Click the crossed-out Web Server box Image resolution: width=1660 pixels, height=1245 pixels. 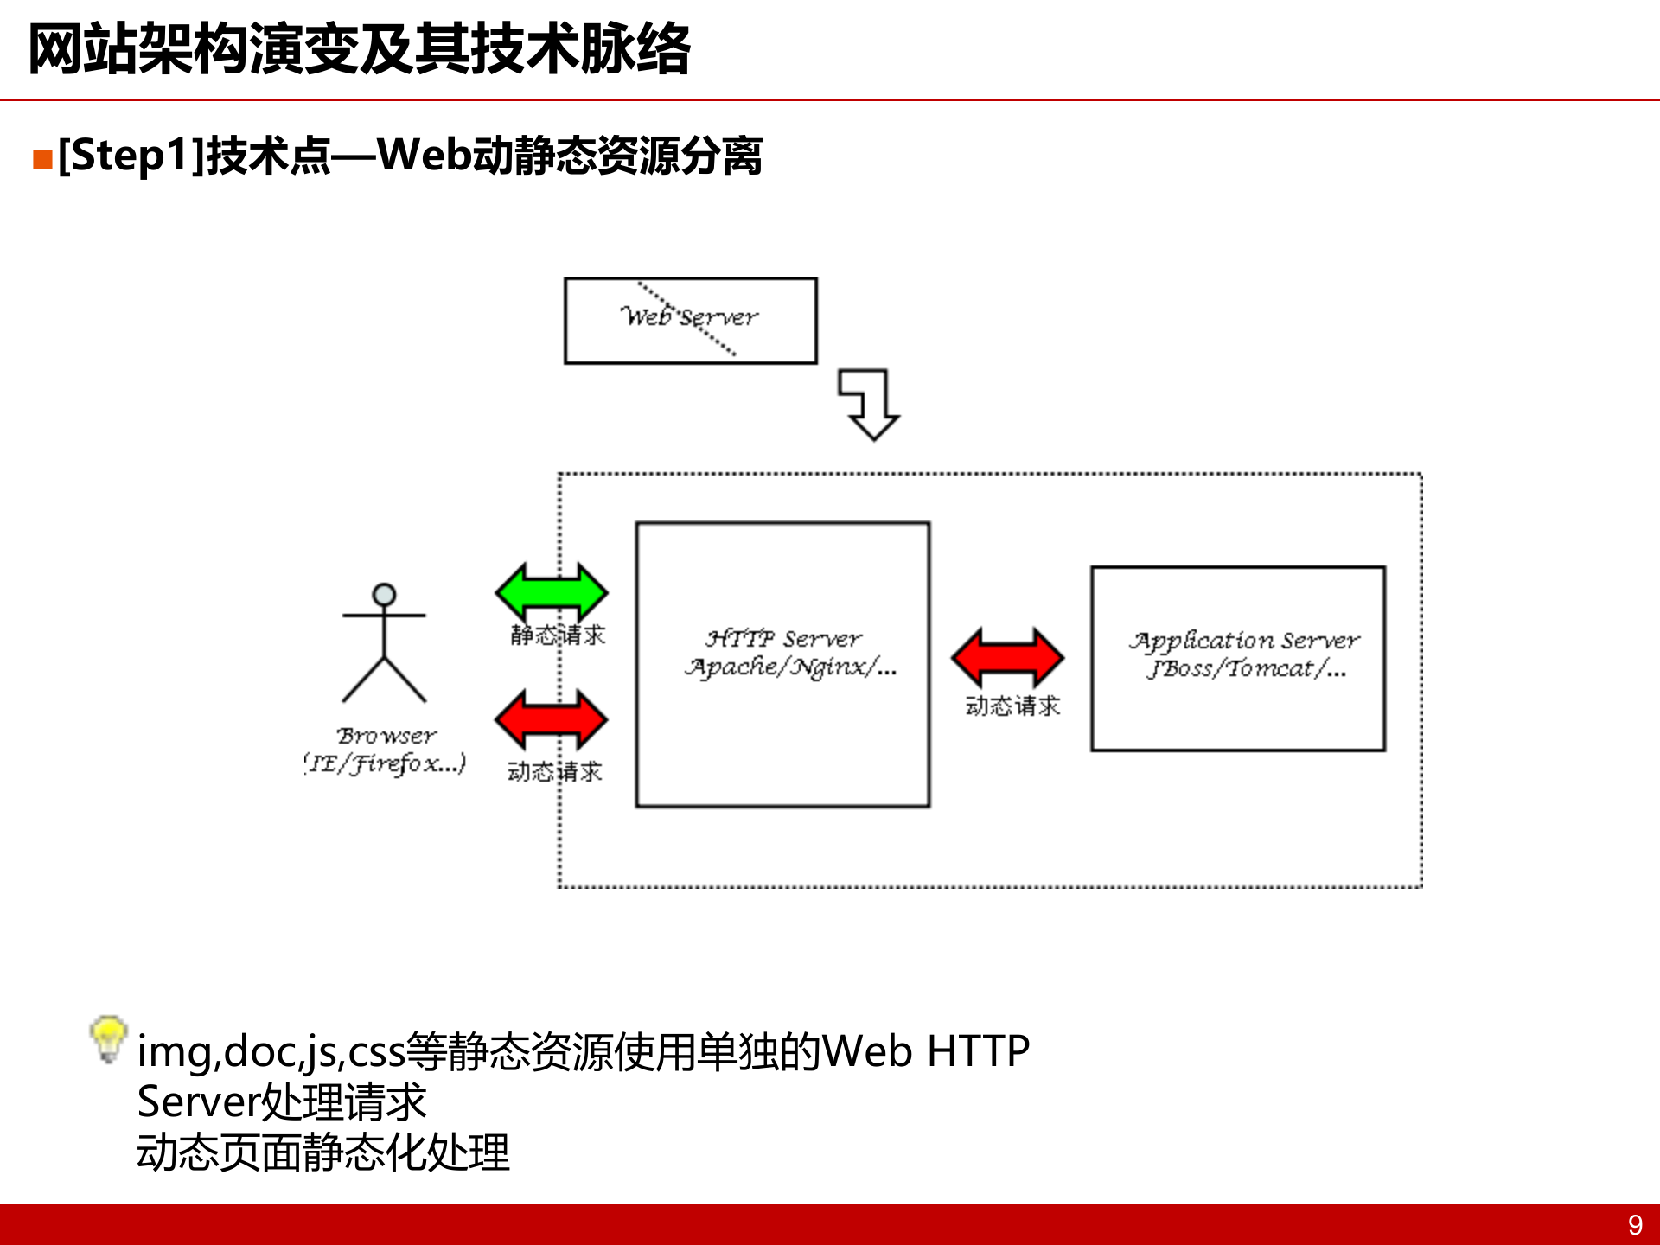pyautogui.click(x=690, y=320)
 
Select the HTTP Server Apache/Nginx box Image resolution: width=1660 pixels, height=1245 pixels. pyautogui.click(x=782, y=664)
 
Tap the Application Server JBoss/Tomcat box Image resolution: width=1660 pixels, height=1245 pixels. pyautogui.click(x=1237, y=658)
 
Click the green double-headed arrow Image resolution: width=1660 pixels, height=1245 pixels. pyautogui.click(x=552, y=592)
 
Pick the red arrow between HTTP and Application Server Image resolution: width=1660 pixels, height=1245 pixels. pyautogui.click(x=1007, y=658)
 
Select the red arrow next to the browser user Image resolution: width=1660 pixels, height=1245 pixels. pyautogui.click(x=552, y=719)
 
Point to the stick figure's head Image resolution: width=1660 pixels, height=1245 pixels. pyautogui.click(x=384, y=595)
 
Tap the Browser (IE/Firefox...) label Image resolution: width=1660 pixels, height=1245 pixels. pyautogui.click(x=386, y=750)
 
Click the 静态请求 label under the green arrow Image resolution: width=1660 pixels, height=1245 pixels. pyautogui.click(x=558, y=635)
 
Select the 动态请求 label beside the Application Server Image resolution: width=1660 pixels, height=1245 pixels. pyautogui.click(x=1012, y=706)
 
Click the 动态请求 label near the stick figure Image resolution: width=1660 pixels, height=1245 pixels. pyautogui.click(x=554, y=771)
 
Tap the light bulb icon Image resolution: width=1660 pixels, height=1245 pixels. pyautogui.click(x=109, y=1037)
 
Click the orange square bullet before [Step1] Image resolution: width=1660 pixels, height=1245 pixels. pyautogui.click(x=42, y=160)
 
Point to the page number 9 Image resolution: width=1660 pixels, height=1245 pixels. pyautogui.click(x=1635, y=1225)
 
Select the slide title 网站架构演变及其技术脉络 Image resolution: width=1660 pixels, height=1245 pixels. pyautogui.click(x=360, y=49)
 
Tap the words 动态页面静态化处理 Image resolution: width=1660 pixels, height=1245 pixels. pyautogui.click(x=323, y=1152)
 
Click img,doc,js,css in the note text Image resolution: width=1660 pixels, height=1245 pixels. pyautogui.click(x=271, y=1052)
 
